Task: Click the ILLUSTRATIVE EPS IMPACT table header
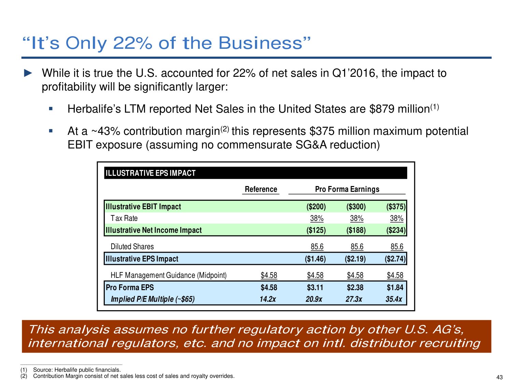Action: [151, 173]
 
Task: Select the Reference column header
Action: [261, 189]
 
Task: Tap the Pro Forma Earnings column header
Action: [347, 189]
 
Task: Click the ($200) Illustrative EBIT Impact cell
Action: [316, 207]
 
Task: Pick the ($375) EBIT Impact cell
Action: [396, 207]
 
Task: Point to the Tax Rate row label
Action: [124, 218]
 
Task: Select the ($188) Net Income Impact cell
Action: [356, 230]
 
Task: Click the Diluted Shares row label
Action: [132, 246]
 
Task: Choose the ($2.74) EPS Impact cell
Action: [395, 259]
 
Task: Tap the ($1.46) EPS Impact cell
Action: [315, 259]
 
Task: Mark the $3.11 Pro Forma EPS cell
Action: [315, 287]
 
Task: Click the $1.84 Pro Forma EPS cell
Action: [395, 287]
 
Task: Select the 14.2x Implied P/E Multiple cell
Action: [268, 299]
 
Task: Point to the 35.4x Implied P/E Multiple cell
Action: [394, 299]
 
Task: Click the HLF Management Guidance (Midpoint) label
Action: [168, 275]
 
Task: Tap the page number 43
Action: [499, 377]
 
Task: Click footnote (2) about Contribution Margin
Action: [133, 376]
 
